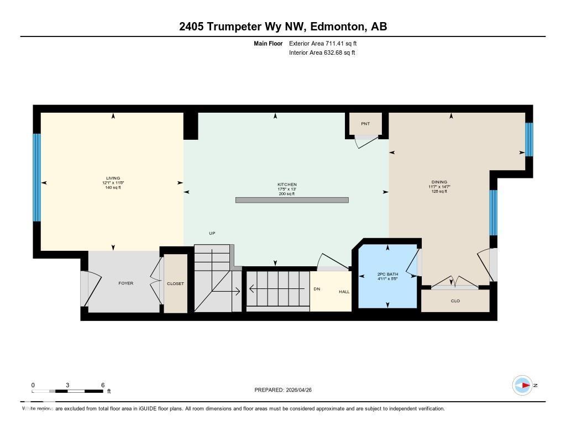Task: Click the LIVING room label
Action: [113, 178]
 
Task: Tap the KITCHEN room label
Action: [287, 185]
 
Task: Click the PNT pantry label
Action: [365, 124]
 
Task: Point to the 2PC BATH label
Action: [387, 274]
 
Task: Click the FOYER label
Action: [126, 283]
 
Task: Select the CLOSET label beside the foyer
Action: [175, 283]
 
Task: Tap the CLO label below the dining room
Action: [455, 301]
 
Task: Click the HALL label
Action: [344, 292]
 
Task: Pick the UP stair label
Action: [212, 234]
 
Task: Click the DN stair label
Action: [317, 289]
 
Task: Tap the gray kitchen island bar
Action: [292, 200]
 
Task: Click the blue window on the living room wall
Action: [37, 177]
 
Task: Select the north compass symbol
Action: [522, 385]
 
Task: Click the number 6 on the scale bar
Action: [103, 385]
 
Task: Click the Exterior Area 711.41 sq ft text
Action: [327, 43]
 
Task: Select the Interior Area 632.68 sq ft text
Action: [322, 53]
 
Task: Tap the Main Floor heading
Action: [268, 43]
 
